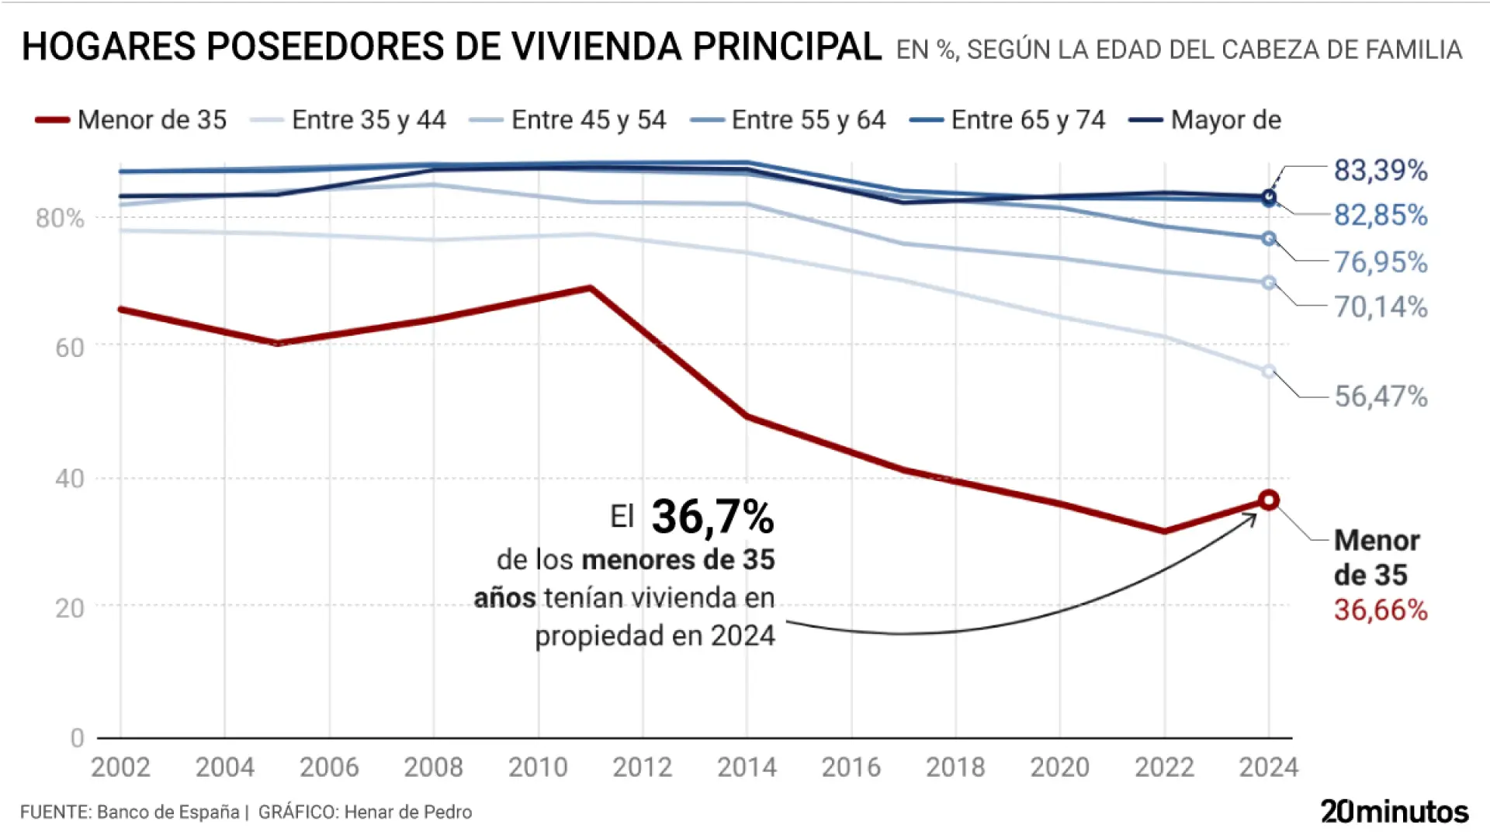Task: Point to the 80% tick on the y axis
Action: pos(60,219)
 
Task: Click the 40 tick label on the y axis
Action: pos(69,479)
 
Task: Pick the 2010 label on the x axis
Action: pos(538,767)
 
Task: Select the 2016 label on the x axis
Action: pos(851,767)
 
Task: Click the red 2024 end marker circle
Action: pos(1269,500)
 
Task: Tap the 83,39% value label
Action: pos(1381,171)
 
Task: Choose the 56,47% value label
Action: pos(1381,396)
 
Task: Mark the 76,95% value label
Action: pos(1381,262)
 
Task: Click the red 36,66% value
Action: pos(1381,611)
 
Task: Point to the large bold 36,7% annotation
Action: pos(712,517)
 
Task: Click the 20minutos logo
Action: pos(1395,812)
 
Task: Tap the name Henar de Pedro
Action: pos(408,812)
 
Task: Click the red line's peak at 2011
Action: pos(591,289)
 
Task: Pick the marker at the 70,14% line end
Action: pos(1269,283)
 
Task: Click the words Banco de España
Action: pos(168,812)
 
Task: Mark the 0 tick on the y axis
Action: pos(77,738)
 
